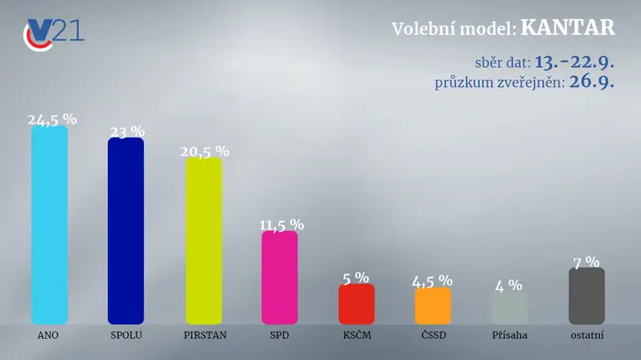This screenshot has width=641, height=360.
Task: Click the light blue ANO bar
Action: point(49,224)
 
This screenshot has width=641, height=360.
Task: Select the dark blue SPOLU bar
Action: point(126,231)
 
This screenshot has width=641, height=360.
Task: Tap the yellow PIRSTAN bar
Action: point(204,241)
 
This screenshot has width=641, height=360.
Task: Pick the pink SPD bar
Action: point(279,278)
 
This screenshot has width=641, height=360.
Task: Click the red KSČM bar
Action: point(356,304)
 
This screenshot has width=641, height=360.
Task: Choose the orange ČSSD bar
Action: point(433,306)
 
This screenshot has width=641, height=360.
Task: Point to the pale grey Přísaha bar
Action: point(509,308)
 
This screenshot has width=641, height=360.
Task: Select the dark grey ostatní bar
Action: point(587,296)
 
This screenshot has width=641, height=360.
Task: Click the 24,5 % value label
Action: point(52,119)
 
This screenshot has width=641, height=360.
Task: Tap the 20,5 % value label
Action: point(205,152)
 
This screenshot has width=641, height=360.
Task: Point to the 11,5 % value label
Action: point(282,225)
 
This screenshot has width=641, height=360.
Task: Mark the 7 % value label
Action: point(587,262)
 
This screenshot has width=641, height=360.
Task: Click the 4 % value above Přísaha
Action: point(509,286)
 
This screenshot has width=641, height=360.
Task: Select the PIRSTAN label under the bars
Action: point(205,335)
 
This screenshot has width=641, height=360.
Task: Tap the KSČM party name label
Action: point(357,334)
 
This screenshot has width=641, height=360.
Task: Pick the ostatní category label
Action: point(587,335)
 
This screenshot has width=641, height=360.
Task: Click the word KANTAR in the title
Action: point(568,27)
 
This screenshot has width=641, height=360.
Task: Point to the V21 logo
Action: point(53,34)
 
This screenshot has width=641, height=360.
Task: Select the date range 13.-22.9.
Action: point(574,62)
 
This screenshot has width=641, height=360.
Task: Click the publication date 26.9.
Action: point(592,82)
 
